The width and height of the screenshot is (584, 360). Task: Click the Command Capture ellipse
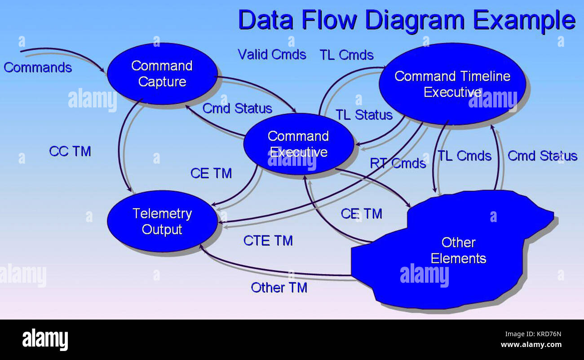click(162, 74)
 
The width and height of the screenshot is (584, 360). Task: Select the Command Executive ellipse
click(298, 144)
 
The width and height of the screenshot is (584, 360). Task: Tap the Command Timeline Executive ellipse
click(452, 84)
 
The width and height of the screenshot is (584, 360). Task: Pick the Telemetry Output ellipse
click(162, 221)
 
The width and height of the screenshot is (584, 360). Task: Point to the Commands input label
click(38, 68)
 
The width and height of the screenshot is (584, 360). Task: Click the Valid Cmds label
click(272, 55)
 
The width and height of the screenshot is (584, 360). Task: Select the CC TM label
click(70, 151)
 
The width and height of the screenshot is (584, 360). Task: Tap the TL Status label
click(364, 115)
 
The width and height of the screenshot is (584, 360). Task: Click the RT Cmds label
click(398, 163)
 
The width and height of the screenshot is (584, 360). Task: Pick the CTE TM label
click(268, 241)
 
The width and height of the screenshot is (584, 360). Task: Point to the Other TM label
click(279, 288)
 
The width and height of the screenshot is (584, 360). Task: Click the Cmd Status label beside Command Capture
click(237, 109)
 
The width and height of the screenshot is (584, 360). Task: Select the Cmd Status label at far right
click(542, 156)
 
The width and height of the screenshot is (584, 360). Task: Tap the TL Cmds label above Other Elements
click(465, 156)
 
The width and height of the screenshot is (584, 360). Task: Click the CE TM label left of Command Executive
click(211, 173)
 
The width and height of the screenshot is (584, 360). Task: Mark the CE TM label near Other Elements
click(361, 214)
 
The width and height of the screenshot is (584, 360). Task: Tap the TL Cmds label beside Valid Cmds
click(346, 55)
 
